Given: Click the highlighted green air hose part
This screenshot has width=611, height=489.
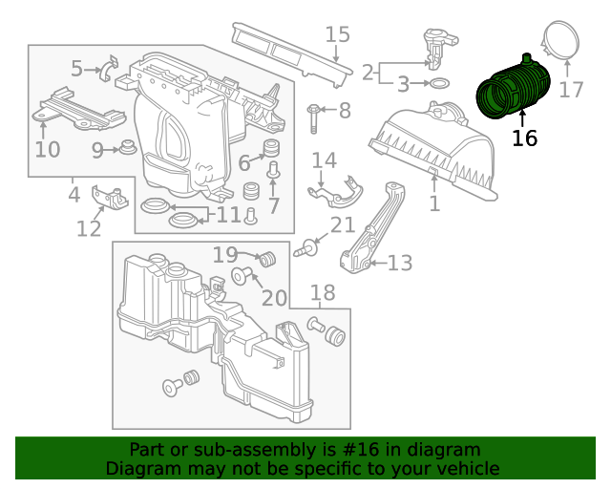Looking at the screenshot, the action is pos(513,88).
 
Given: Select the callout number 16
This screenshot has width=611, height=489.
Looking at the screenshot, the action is pos(524,138).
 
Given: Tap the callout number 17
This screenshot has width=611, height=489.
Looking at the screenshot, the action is pos(571,89).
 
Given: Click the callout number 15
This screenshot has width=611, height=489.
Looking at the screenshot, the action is pos(337,34).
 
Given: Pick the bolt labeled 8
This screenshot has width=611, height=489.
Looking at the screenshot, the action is pos(313,118).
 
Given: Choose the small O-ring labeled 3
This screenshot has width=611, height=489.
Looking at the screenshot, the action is pos(439,83).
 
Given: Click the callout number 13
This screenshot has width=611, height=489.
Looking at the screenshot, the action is pos(400,263).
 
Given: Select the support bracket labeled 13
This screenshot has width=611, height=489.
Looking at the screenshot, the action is pos(373,228).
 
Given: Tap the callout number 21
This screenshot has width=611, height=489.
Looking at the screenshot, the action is pos(342,225).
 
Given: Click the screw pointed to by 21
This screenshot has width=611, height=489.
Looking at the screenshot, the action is pos(306,248).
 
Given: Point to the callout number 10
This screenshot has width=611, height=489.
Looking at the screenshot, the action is pos(47,149).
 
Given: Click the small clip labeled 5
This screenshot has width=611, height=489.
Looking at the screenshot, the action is pos(110,69).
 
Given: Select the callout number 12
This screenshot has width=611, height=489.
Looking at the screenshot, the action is pos(89,228).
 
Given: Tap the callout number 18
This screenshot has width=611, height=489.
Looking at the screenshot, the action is pos(323,292).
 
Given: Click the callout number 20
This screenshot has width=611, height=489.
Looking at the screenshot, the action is pos(274,298).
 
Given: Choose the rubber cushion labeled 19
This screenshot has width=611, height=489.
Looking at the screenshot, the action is pos(267,260).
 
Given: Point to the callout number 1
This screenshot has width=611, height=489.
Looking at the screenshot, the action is pos(434,203).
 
